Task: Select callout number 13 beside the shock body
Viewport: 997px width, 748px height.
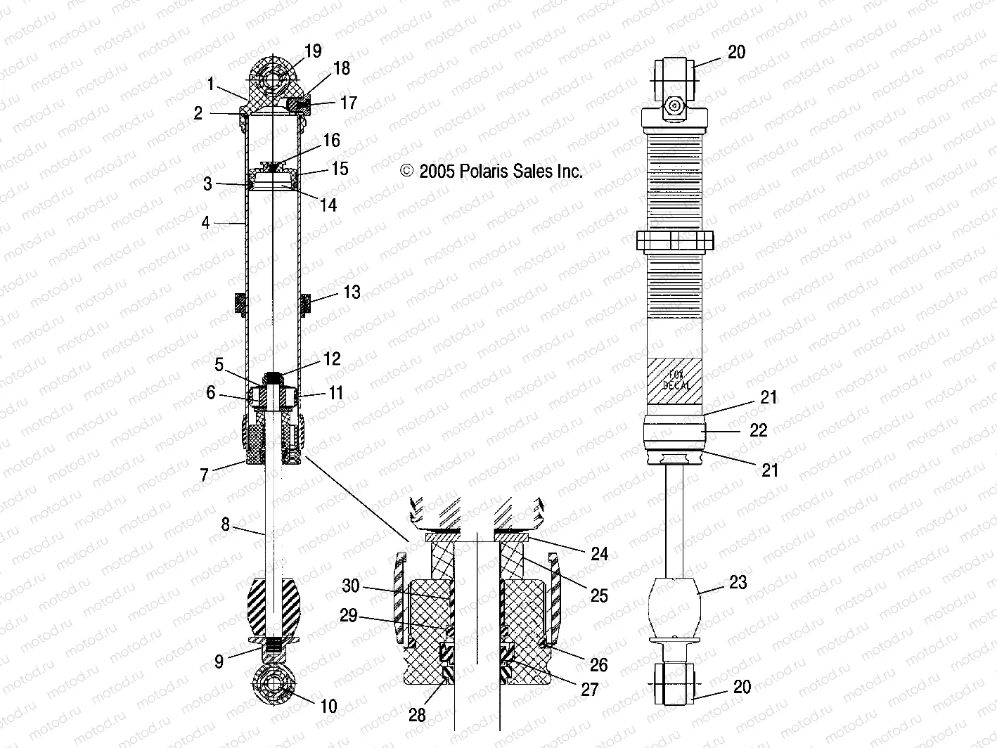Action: coord(351,292)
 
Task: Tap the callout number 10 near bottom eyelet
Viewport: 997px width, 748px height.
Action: coord(328,706)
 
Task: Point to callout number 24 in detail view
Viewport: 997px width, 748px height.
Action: coord(598,554)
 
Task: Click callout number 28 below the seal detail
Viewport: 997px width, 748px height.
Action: coord(417,714)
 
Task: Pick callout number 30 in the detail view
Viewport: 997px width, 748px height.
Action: coord(351,586)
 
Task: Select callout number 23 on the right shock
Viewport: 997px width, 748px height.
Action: coord(738,582)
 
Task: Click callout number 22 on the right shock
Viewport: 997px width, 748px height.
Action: coord(758,430)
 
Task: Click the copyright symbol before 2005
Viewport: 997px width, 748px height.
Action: coord(406,172)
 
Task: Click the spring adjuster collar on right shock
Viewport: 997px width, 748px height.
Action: coord(675,241)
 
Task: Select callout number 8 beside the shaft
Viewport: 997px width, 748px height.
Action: coord(225,524)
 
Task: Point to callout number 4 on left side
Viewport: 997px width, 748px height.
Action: coord(205,223)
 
